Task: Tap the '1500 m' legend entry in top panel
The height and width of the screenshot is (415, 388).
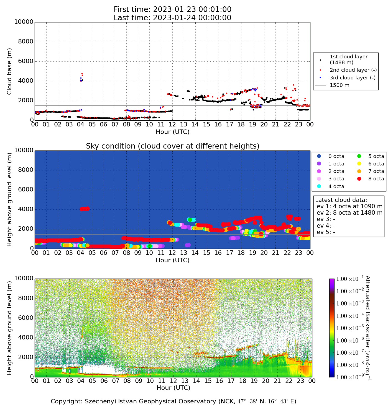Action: [339, 85]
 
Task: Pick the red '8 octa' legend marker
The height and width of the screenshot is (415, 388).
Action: [359, 179]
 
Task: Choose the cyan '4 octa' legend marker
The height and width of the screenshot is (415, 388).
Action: [319, 186]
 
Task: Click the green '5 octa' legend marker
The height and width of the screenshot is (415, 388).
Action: [359, 156]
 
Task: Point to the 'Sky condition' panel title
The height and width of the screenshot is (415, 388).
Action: [172, 146]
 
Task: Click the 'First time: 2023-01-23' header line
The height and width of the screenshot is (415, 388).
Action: [172, 10]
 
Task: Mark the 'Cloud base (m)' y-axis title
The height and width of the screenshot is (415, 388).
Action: [10, 71]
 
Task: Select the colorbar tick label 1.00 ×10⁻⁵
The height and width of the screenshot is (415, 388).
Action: [349, 328]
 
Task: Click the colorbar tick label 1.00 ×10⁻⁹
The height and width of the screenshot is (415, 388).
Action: [349, 377]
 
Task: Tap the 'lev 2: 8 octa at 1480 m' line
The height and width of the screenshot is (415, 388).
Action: [349, 213]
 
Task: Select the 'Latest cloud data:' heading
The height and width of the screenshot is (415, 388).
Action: [341, 200]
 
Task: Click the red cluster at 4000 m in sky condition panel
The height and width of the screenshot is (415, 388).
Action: [85, 209]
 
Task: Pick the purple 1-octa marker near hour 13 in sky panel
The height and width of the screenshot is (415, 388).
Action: [188, 245]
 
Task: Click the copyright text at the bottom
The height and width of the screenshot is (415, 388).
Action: [173, 401]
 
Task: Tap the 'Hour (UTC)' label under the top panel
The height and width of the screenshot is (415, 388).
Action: [172, 132]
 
